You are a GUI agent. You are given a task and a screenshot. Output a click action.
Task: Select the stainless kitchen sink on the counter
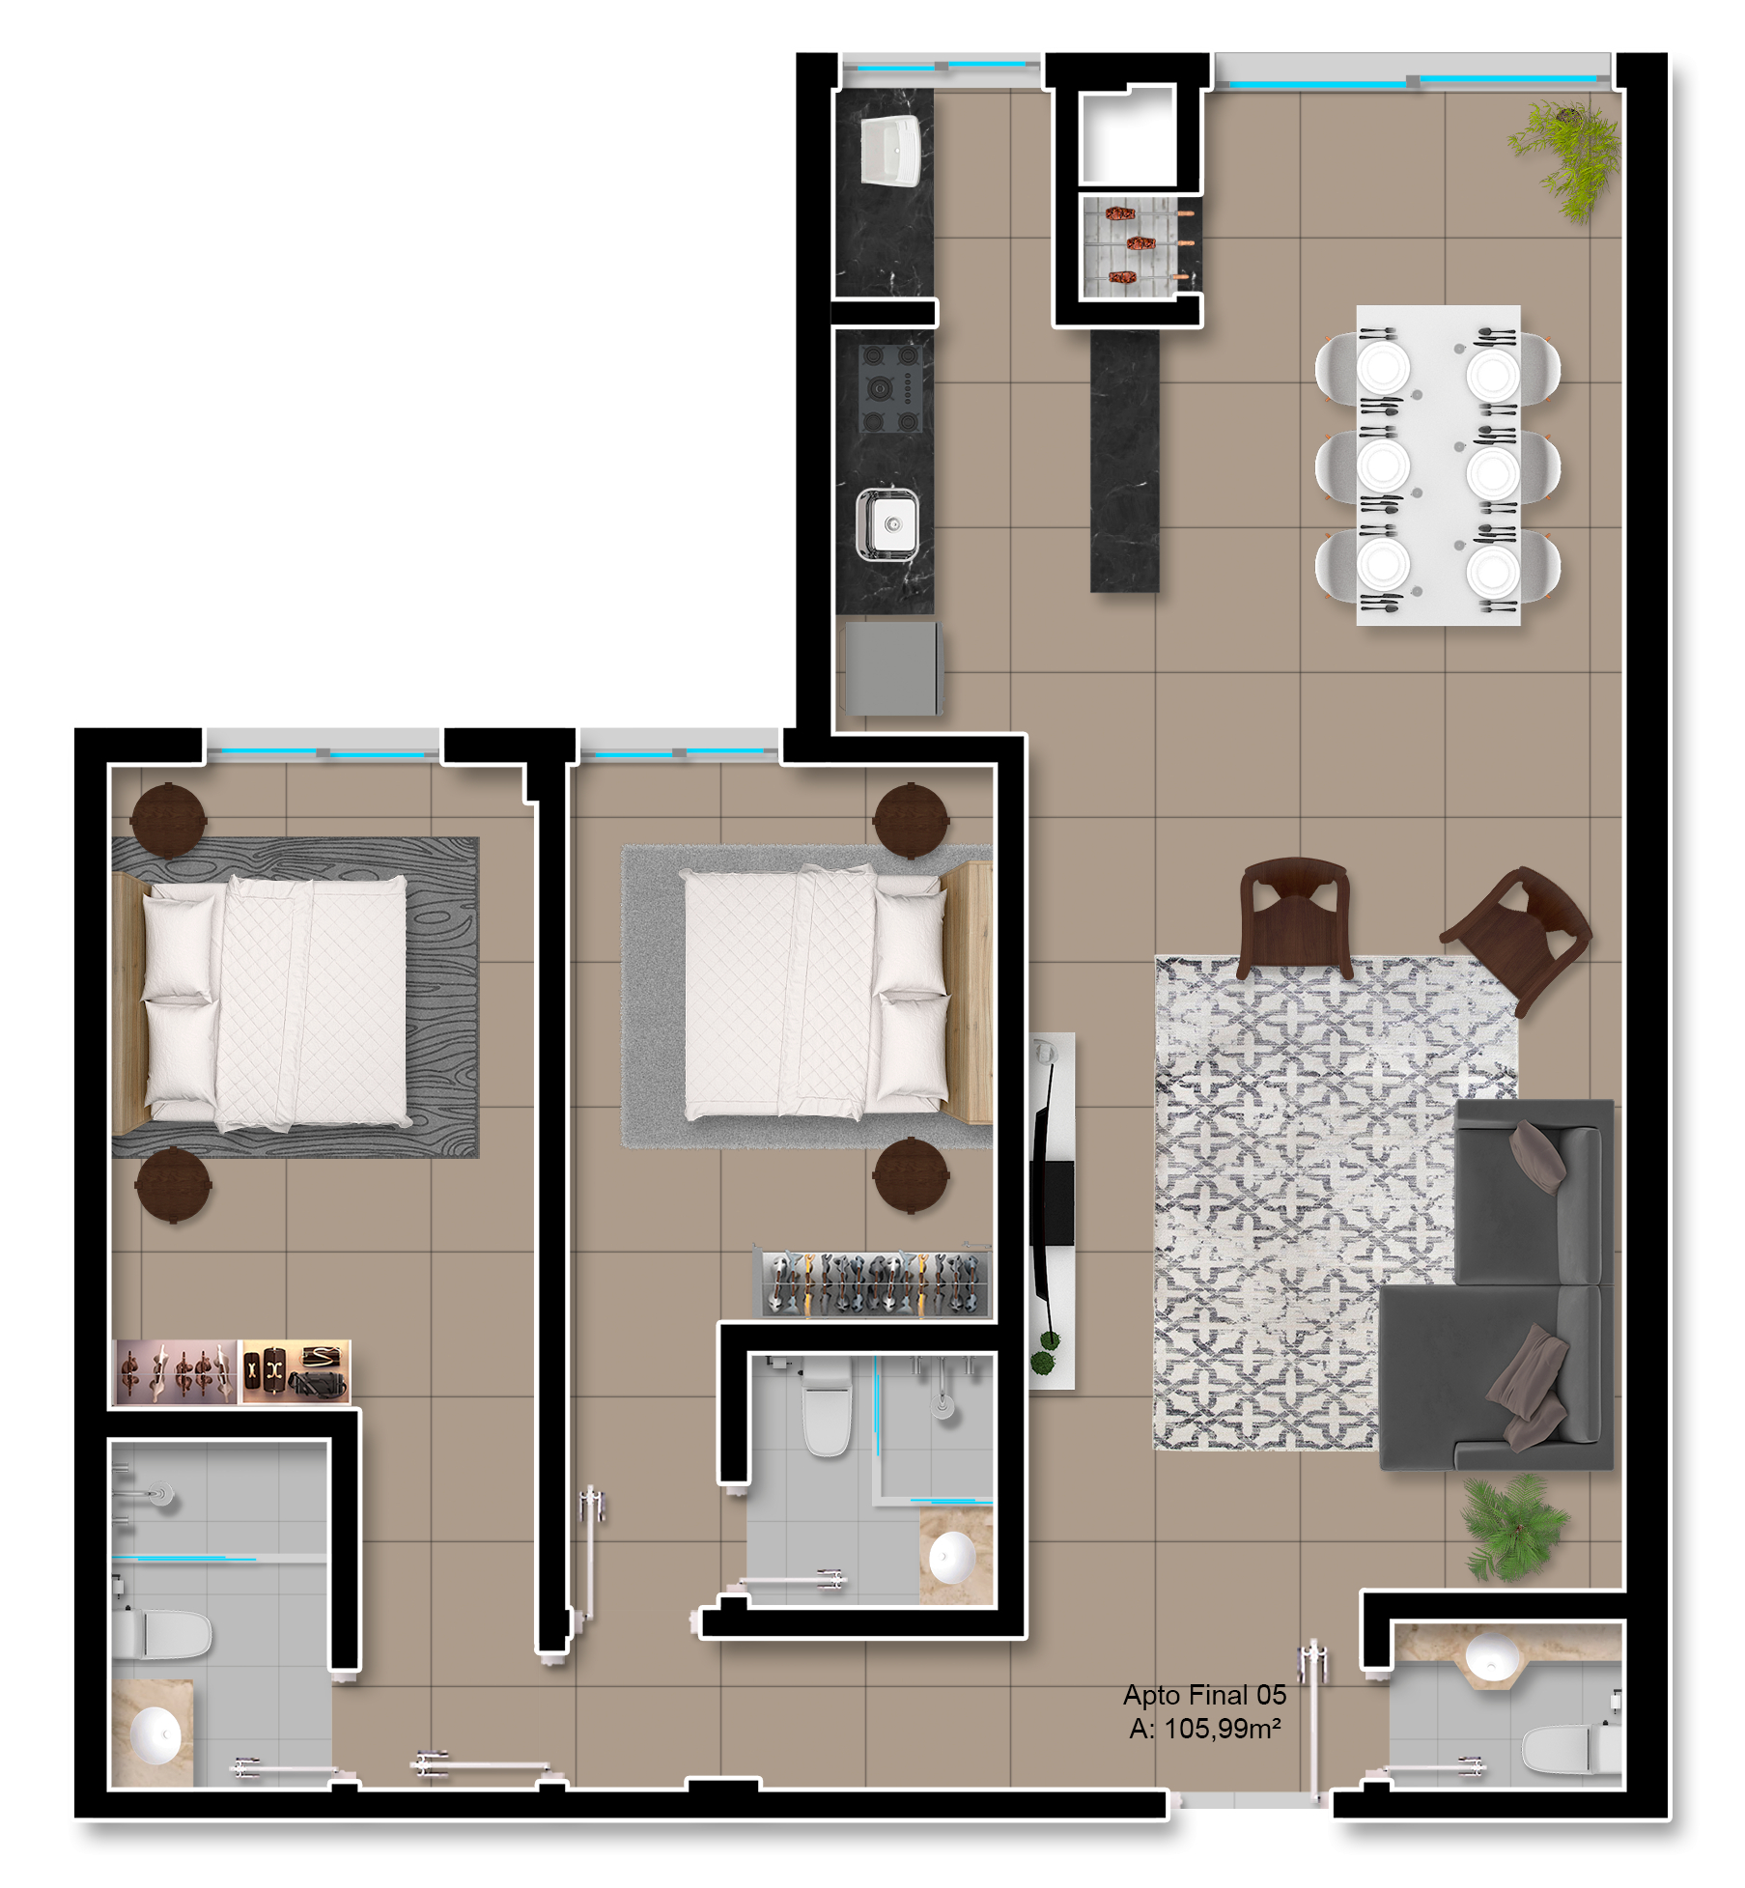pyautogui.click(x=887, y=524)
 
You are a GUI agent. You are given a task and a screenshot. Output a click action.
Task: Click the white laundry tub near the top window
pyautogui.click(x=890, y=152)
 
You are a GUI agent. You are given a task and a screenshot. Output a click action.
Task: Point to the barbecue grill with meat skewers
pyautogui.click(x=1139, y=244)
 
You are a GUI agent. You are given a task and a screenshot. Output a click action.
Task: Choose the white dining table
pyautogui.click(x=1438, y=465)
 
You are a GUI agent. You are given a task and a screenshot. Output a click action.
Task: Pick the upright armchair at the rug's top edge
pyautogui.click(x=1293, y=918)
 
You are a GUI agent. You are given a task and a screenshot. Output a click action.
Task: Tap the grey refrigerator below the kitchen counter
pyautogui.click(x=891, y=668)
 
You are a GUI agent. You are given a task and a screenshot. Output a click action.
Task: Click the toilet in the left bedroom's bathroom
pyautogui.click(x=161, y=1634)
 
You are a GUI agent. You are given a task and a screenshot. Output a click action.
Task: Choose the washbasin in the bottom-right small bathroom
pyautogui.click(x=1493, y=1657)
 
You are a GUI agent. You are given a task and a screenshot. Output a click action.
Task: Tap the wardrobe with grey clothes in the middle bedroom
pyautogui.click(x=872, y=1282)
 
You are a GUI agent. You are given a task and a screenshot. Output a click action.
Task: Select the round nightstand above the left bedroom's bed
pyautogui.click(x=168, y=821)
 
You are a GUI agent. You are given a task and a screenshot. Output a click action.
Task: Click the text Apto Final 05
pyautogui.click(x=1204, y=1695)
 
